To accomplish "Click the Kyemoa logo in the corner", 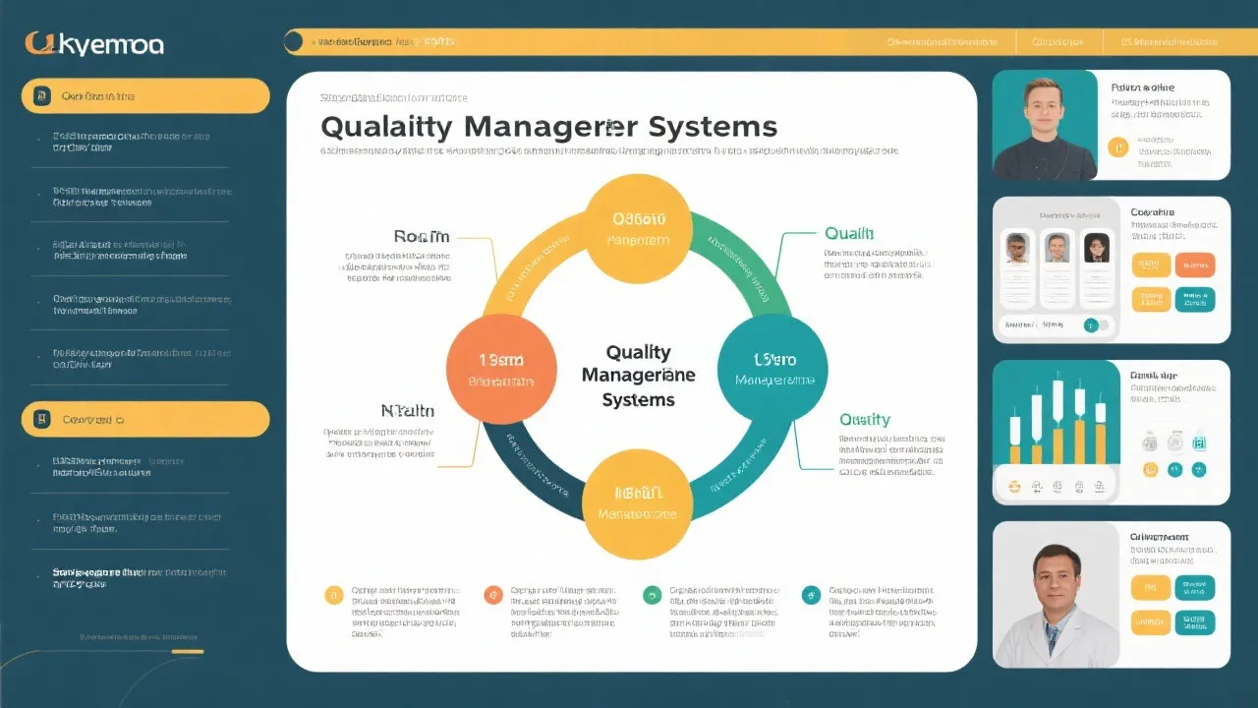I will pos(94,43).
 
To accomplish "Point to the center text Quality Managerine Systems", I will pos(638,376).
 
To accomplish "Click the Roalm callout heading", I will pos(421,236).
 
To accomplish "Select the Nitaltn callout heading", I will pos(407,411).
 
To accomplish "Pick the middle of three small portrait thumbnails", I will pos(1057,247).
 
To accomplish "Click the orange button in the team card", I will pos(1194,265).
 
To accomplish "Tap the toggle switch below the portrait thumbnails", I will pos(1095,324).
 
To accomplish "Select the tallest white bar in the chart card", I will pos(1058,408).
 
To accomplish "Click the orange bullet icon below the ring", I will pos(493,594).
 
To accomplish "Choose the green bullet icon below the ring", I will pos(652,594).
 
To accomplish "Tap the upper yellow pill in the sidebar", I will pos(145,96).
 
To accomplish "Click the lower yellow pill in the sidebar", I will pos(145,419).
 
